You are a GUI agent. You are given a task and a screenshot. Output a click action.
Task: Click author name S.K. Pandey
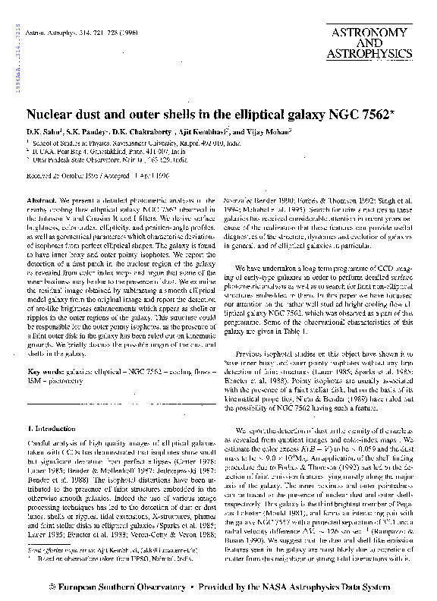pyautogui.click(x=86, y=133)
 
